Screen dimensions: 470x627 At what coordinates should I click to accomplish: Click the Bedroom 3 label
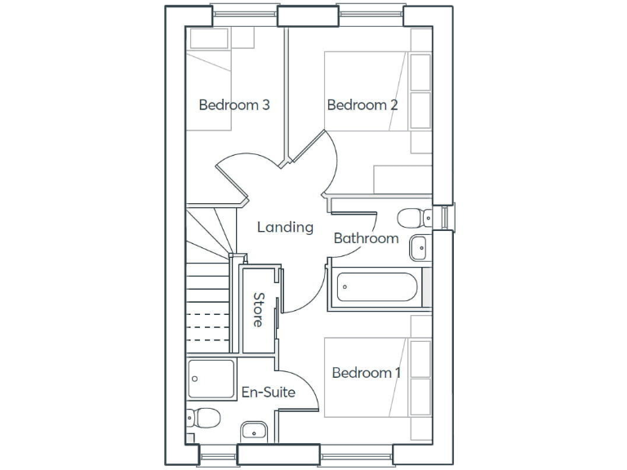(234, 105)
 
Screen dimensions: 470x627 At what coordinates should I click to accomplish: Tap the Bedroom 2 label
(362, 105)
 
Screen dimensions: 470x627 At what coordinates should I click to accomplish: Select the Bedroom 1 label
(367, 373)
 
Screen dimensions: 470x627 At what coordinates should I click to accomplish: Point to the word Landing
(285, 227)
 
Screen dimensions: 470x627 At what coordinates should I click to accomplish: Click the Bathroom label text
(366, 238)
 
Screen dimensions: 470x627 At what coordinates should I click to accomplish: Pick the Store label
(259, 310)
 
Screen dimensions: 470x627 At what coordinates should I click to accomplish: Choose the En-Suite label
(268, 392)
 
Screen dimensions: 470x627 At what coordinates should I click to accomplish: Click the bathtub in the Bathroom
(377, 287)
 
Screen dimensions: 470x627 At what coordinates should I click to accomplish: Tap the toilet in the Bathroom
(412, 217)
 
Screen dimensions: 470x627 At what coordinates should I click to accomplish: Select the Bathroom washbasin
(420, 246)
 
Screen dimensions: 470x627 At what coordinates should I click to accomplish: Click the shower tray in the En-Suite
(211, 379)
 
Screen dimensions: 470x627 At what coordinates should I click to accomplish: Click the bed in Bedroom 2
(367, 90)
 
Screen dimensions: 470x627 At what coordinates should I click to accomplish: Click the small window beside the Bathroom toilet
(443, 217)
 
